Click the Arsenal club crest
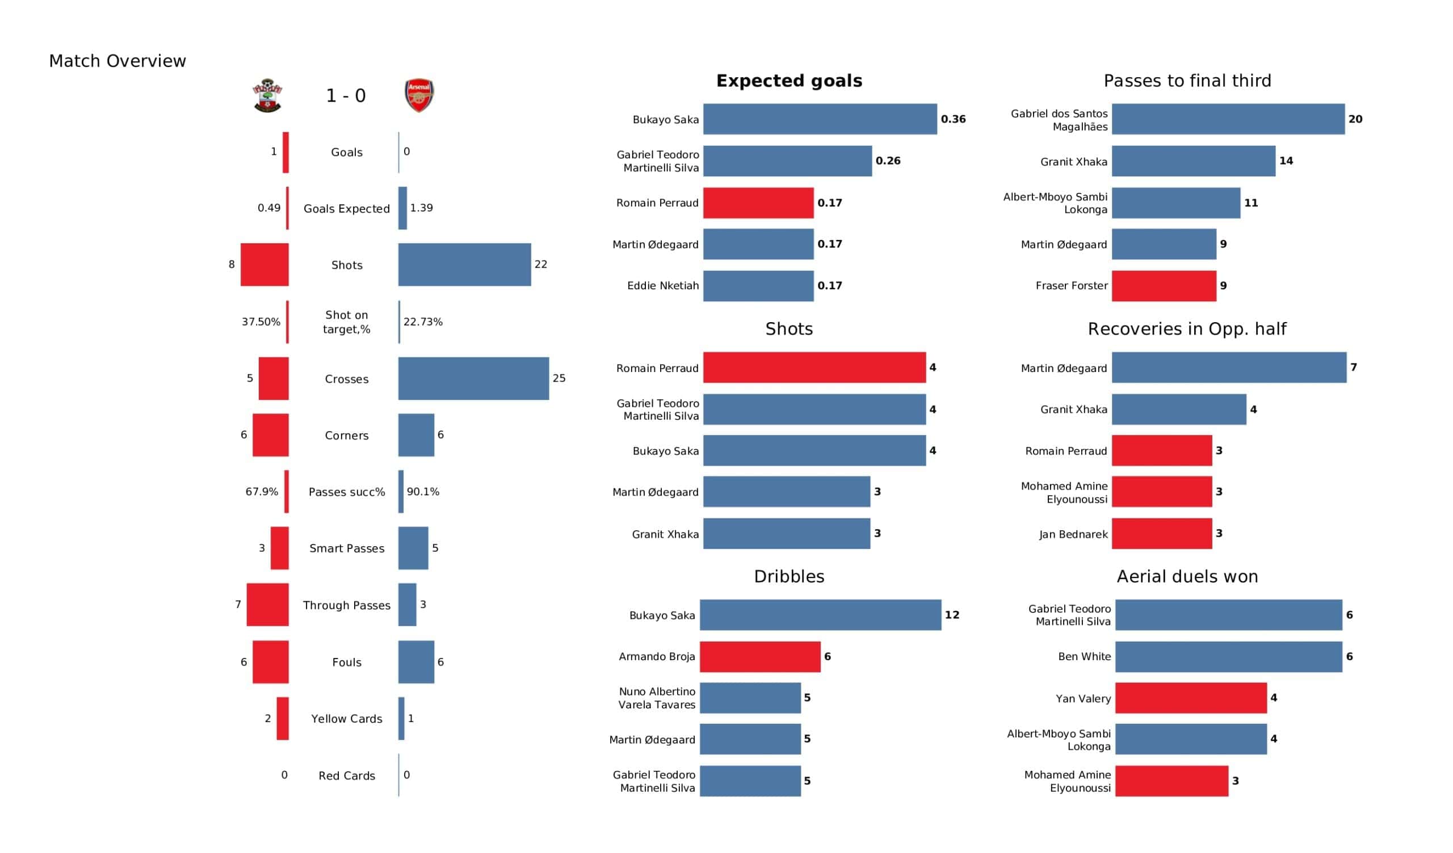[419, 95]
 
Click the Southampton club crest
[267, 95]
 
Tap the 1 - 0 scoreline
[346, 96]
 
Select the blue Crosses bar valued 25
[473, 379]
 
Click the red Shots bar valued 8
[264, 264]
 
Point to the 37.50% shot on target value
[261, 322]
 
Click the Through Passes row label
[347, 605]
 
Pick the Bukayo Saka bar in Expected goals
[820, 119]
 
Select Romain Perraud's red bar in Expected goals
[758, 203]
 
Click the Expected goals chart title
[789, 81]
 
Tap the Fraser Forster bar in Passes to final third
[1164, 286]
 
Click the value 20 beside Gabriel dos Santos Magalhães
[1355, 119]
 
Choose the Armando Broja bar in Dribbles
[760, 656]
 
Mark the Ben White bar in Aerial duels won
[1228, 656]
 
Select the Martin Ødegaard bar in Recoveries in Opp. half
[1229, 368]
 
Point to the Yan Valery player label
[1083, 699]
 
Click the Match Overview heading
[117, 61]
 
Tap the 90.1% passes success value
[423, 492]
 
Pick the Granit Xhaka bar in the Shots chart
[787, 534]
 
